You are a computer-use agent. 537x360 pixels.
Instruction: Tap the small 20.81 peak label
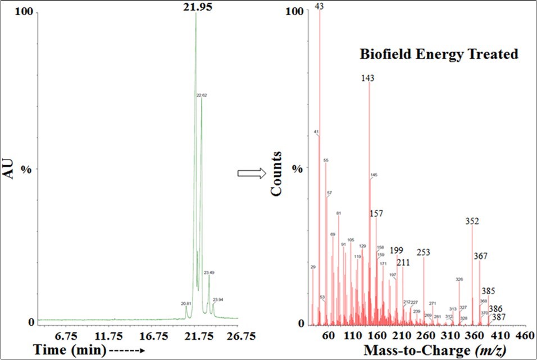pyautogui.click(x=186, y=303)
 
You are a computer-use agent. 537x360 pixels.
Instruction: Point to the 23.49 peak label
pyautogui.click(x=209, y=273)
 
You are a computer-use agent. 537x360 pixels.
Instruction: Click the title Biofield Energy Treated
pyautogui.click(x=439, y=54)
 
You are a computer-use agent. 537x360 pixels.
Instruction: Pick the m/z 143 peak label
pyautogui.click(x=368, y=79)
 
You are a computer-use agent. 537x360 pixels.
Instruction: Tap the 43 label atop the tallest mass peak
pyautogui.click(x=320, y=6)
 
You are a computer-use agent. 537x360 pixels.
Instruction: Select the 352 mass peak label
pyautogui.click(x=472, y=221)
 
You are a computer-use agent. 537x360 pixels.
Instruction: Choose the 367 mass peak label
pyautogui.click(x=480, y=256)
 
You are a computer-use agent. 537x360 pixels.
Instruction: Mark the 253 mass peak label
pyautogui.click(x=424, y=252)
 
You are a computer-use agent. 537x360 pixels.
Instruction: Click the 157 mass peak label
pyautogui.click(x=376, y=214)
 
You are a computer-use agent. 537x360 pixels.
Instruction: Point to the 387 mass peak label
pyautogui.click(x=499, y=317)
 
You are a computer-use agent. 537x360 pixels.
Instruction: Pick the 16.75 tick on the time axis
pyautogui.click(x=153, y=336)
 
